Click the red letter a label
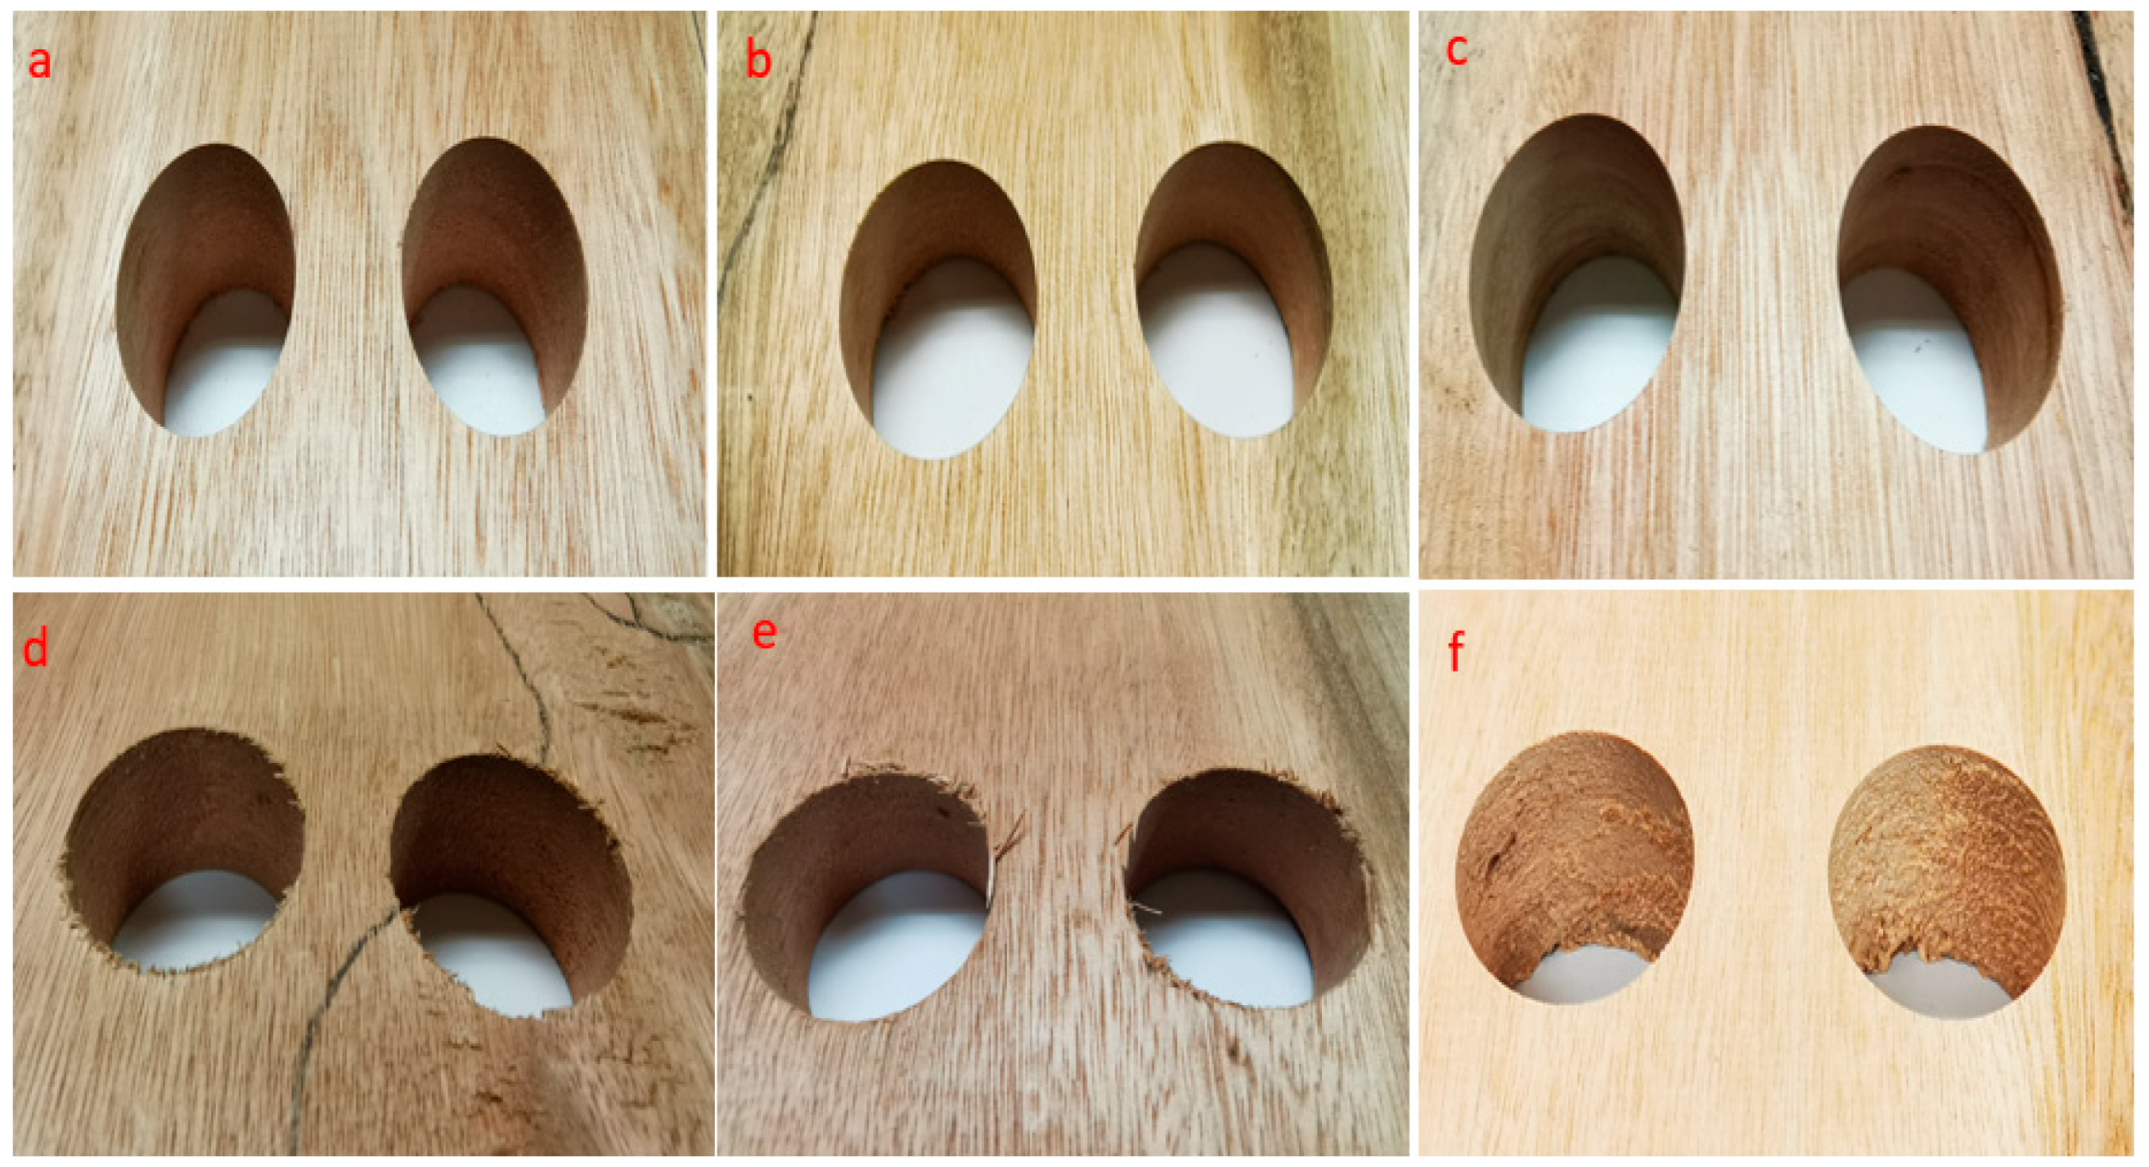pyautogui.click(x=39, y=63)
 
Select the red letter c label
pyautogui.click(x=1456, y=50)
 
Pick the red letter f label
pyautogui.click(x=1455, y=651)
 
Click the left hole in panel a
pyautogui.click(x=206, y=290)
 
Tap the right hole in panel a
pyautogui.click(x=494, y=286)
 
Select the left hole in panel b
pyautogui.click(x=938, y=309)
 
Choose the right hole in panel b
pyautogui.click(x=1233, y=290)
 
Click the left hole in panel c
pyautogui.click(x=1577, y=273)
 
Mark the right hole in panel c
pyautogui.click(x=1951, y=290)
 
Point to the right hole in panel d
pyautogui.click(x=510, y=886)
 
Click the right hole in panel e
pyautogui.click(x=1248, y=889)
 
